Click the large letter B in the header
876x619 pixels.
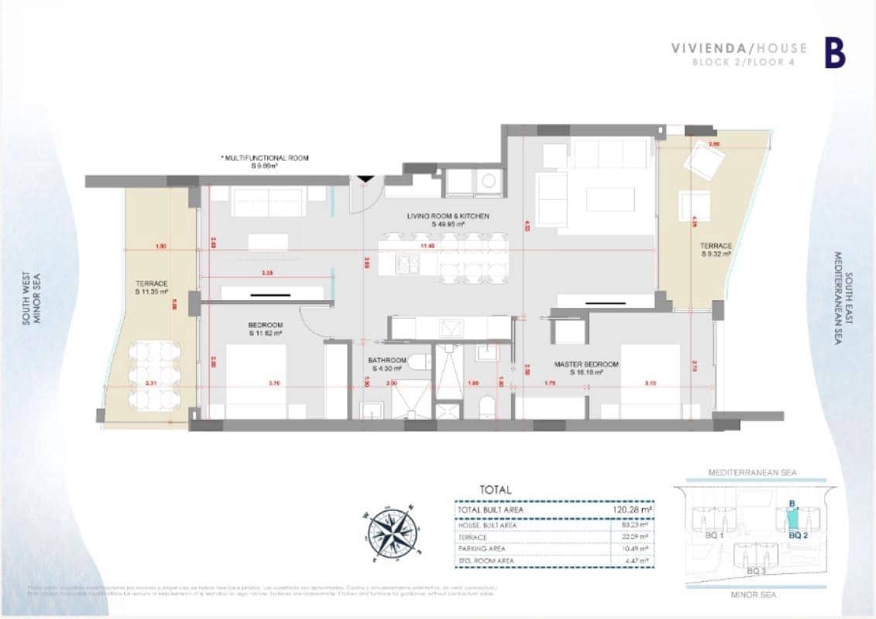pyautogui.click(x=834, y=53)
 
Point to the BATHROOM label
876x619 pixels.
pyautogui.click(x=387, y=364)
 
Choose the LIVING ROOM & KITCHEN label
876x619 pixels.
pyautogui.click(x=448, y=220)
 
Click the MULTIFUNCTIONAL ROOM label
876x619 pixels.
pyautogui.click(x=266, y=162)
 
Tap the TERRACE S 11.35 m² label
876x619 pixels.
pyautogui.click(x=152, y=288)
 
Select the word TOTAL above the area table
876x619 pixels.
pyautogui.click(x=496, y=490)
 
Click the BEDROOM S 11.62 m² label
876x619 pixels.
pyautogui.click(x=265, y=329)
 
